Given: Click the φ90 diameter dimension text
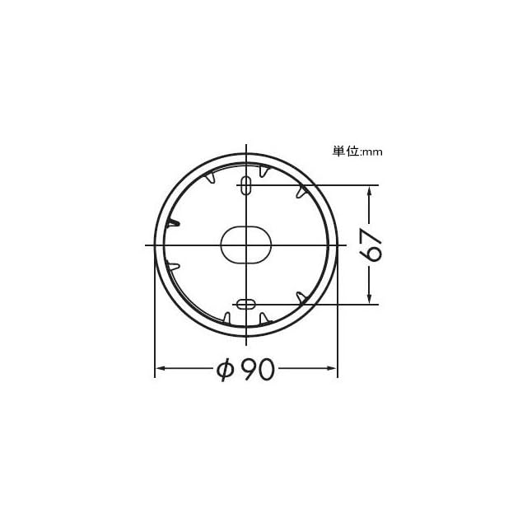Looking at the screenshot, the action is [x=245, y=369].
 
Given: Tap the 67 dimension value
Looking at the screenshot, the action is [x=371, y=245].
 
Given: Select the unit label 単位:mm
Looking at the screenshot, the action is [x=357, y=152].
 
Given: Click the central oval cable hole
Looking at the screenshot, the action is [x=245, y=245].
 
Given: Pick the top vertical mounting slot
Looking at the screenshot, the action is [x=247, y=185].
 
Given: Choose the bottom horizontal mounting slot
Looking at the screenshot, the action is [x=246, y=305].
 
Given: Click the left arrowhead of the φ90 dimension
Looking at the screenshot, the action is [x=161, y=368].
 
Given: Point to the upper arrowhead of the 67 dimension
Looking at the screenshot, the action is [x=369, y=191].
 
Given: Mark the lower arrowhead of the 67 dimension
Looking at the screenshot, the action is [x=369, y=298].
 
